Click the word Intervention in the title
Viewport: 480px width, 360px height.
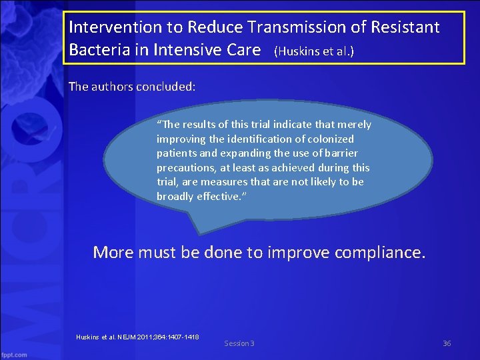click(106, 27)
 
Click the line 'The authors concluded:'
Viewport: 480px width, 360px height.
click(132, 87)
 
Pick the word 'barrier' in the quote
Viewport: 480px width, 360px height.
click(340, 153)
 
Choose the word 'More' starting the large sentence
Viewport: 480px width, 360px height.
click(113, 253)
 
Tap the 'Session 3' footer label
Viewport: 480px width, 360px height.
click(239, 343)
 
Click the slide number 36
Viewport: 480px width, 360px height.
click(447, 343)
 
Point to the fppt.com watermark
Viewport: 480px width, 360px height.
click(13, 355)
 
